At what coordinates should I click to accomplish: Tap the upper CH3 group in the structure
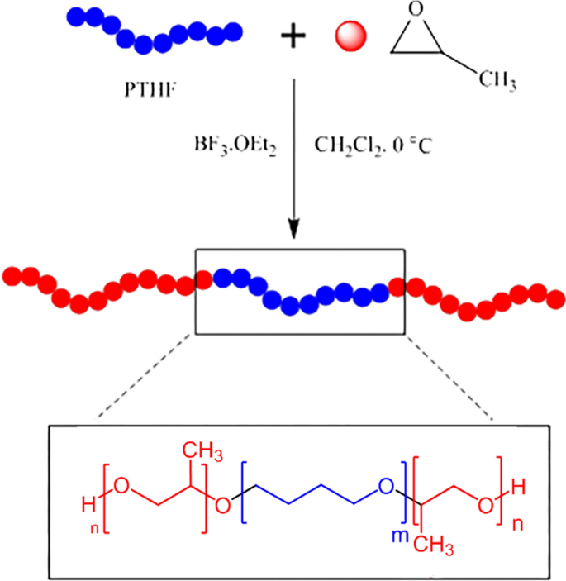197,450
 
